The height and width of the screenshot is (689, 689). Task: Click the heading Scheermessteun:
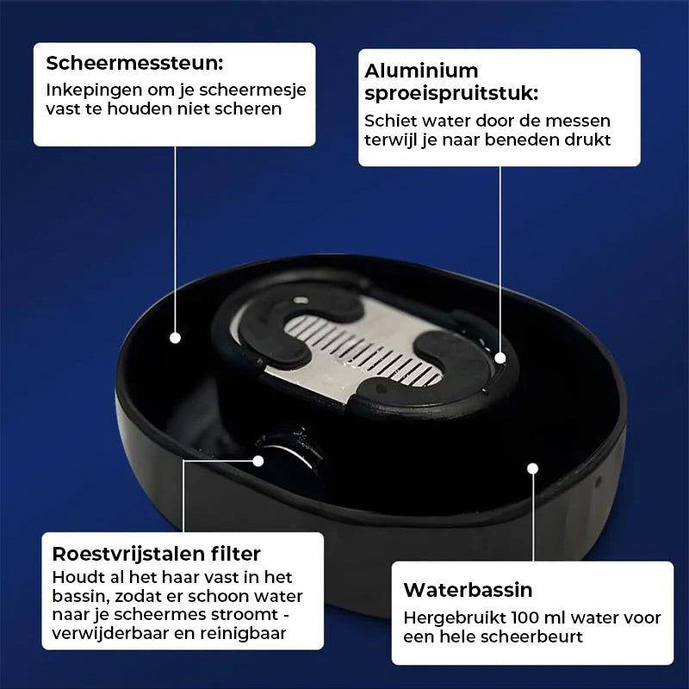[x=134, y=63]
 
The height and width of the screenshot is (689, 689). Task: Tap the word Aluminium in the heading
[x=421, y=71]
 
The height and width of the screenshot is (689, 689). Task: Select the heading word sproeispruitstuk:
[x=451, y=94]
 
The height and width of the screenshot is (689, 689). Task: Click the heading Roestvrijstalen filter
[x=157, y=554]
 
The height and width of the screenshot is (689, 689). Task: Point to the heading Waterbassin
[x=468, y=590]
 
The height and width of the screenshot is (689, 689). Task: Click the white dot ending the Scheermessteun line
[x=176, y=338]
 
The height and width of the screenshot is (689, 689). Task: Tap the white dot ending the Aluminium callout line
[x=500, y=358]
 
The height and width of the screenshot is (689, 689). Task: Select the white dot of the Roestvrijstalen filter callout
[x=258, y=461]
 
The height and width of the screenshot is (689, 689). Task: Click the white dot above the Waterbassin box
[x=533, y=469]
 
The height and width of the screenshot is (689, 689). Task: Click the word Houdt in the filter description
[x=75, y=577]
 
